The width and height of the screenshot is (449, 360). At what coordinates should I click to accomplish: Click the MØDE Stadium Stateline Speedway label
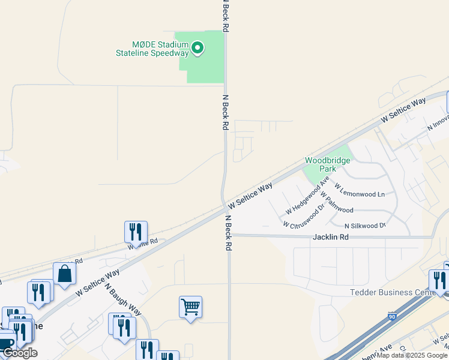point(152,49)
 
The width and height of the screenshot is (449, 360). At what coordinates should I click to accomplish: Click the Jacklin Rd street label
point(331,237)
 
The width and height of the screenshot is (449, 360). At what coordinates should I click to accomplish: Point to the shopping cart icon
point(190,307)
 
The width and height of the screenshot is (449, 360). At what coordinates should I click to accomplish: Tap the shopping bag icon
point(64,274)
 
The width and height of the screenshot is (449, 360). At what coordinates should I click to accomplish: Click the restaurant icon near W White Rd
point(136,232)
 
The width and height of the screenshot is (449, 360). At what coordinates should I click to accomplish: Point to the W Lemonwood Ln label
point(359,194)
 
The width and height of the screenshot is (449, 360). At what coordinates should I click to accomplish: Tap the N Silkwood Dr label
point(364,226)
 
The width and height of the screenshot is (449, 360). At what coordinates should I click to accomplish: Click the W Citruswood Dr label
point(304,216)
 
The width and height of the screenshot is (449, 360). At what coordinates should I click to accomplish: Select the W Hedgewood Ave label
point(308,196)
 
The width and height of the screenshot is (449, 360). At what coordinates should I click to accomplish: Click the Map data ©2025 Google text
point(412,355)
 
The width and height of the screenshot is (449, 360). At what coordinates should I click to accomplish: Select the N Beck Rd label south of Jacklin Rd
point(229,232)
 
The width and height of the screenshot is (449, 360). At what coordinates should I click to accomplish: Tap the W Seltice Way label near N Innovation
point(403,110)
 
